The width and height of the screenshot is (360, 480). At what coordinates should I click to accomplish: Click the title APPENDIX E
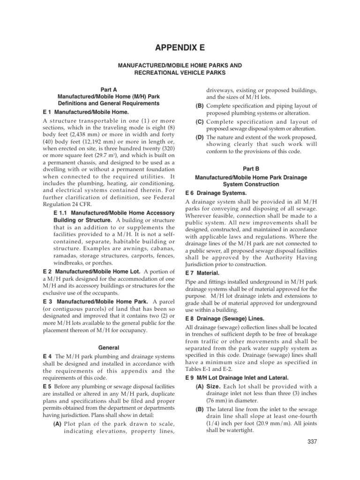pyautogui.click(x=180, y=47)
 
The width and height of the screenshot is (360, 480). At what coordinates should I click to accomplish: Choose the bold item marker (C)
pyautogui.click(x=199, y=121)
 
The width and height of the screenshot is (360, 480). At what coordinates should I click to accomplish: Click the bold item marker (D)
pyautogui.click(x=199, y=137)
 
